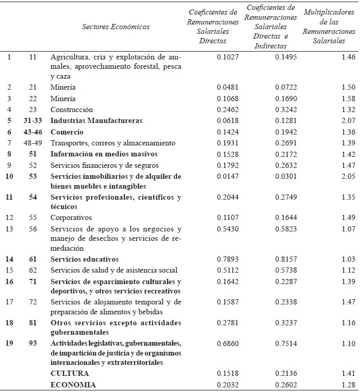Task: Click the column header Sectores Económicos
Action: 116,27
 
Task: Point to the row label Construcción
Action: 71,109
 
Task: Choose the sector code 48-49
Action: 32,143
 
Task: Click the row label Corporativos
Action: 71,217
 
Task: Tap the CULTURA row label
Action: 69,373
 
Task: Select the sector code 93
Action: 32,343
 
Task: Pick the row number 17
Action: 9,301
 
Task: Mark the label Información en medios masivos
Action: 104,154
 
